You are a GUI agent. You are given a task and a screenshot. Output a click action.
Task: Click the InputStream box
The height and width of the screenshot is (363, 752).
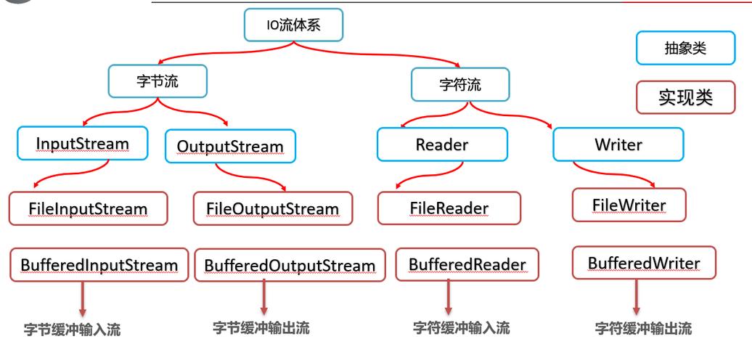pyautogui.click(x=82, y=144)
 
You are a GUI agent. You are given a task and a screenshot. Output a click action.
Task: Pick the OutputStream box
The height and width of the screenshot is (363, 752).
pyautogui.click(x=230, y=147)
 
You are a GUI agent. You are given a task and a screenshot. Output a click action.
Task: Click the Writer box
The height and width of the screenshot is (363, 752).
pyautogui.click(x=618, y=144)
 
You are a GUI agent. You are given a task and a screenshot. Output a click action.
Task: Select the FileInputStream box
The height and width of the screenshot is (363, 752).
pyautogui.click(x=89, y=209)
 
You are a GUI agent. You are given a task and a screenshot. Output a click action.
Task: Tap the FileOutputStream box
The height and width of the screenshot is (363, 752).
pyautogui.click(x=272, y=209)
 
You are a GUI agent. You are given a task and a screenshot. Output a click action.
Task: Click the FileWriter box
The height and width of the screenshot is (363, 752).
pyautogui.click(x=629, y=205)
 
